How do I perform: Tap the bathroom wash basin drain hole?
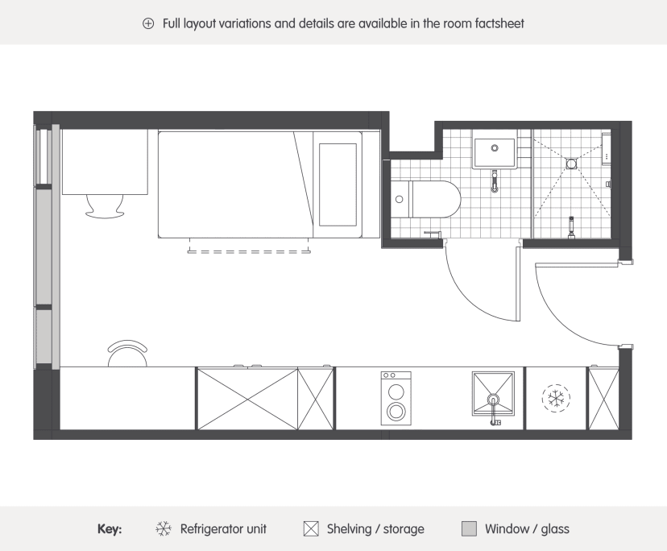[495, 148]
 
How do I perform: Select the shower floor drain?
[571, 164]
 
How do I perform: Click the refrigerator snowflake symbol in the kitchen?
[556, 398]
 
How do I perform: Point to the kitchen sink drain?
[493, 400]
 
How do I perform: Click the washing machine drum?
[396, 411]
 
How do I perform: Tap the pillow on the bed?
[338, 184]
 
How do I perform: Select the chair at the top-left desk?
[105, 206]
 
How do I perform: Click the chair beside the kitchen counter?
[127, 353]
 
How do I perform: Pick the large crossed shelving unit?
[247, 399]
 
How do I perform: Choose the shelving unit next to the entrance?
[603, 399]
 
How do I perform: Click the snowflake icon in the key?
[164, 529]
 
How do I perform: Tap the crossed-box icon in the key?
[311, 529]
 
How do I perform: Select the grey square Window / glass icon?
[469, 529]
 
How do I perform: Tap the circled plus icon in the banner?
[148, 23]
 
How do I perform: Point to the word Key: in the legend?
[110, 529]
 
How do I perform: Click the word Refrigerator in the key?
[206, 529]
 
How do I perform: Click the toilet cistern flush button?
[399, 199]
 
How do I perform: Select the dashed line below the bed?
[249, 252]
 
